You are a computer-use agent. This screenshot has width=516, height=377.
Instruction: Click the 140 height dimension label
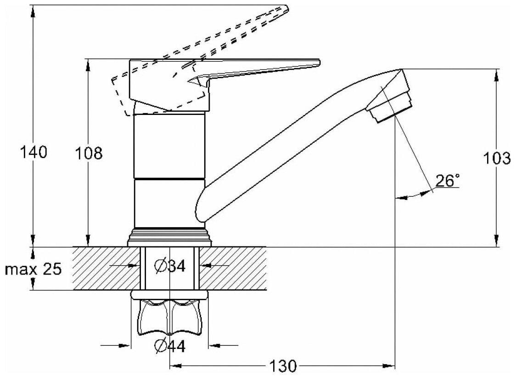[34, 152]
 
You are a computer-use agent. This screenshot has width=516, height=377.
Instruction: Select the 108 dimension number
[89, 153]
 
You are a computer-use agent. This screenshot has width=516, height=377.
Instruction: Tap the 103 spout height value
[497, 158]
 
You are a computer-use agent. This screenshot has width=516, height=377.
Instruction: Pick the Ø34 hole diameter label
[170, 266]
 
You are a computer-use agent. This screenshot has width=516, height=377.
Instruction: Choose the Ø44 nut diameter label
[170, 346]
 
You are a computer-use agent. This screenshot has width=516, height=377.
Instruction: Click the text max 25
[33, 269]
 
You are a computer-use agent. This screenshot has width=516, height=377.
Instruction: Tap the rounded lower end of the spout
[202, 209]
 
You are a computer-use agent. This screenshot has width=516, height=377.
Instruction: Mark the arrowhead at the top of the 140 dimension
[34, 11]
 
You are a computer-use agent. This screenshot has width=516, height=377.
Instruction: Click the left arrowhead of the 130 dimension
[175, 366]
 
